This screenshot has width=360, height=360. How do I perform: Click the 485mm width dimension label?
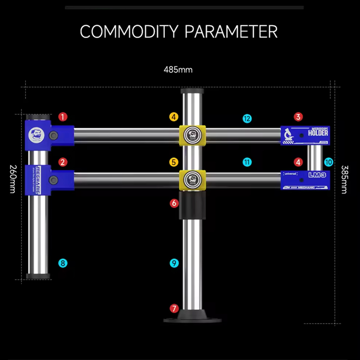pos(178,70)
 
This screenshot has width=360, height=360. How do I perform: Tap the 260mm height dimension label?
pos(12,179)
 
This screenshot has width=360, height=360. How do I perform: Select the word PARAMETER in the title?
pos(231,32)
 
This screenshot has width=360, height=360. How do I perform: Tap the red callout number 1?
pos(63,117)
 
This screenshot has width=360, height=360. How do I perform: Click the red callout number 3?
pos(298,117)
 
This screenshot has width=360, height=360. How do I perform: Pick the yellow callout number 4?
pos(174,117)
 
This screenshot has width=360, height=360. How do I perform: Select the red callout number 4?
pos(298,162)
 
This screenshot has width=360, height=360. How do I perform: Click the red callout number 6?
pos(174,203)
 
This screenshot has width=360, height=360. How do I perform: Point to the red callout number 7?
pos(174,308)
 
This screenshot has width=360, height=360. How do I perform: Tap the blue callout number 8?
pos(63,263)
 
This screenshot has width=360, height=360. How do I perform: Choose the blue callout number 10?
pos(329,162)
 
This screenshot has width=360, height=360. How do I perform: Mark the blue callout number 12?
pos(247,118)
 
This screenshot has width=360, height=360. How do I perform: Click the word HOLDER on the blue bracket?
pos(318,133)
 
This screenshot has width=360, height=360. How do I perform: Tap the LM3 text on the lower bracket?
pos(317,175)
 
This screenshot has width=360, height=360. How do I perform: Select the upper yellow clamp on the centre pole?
pos(192,135)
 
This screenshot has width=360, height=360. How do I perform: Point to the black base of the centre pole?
pos(192,317)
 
